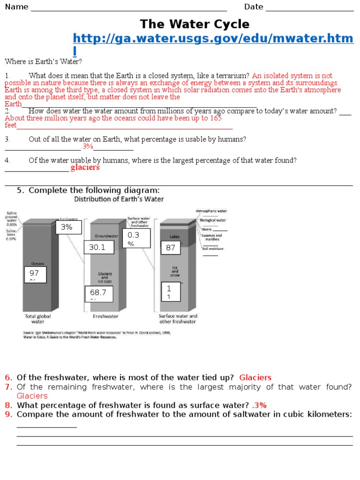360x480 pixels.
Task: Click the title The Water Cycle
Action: click(x=195, y=24)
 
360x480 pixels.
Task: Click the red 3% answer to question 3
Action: click(x=88, y=147)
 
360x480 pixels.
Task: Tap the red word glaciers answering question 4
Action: click(x=85, y=168)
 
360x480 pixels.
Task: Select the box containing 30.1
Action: click(x=99, y=247)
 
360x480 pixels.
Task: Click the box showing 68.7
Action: click(x=99, y=293)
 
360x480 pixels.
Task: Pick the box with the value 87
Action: click(x=172, y=248)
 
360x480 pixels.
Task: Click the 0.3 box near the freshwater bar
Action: click(x=137, y=238)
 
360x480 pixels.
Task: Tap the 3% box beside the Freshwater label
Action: click(x=69, y=228)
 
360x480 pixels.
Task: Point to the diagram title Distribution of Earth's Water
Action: click(x=119, y=199)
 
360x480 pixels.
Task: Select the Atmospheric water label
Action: click(x=211, y=211)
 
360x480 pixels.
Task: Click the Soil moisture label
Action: click(x=212, y=248)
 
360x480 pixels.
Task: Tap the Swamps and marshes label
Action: click(x=212, y=238)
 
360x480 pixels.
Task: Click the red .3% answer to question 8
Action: click(x=259, y=405)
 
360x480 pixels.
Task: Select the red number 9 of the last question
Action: click(x=8, y=414)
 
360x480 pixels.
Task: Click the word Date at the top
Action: click(x=254, y=7)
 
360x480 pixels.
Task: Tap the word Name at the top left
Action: click(x=16, y=7)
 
